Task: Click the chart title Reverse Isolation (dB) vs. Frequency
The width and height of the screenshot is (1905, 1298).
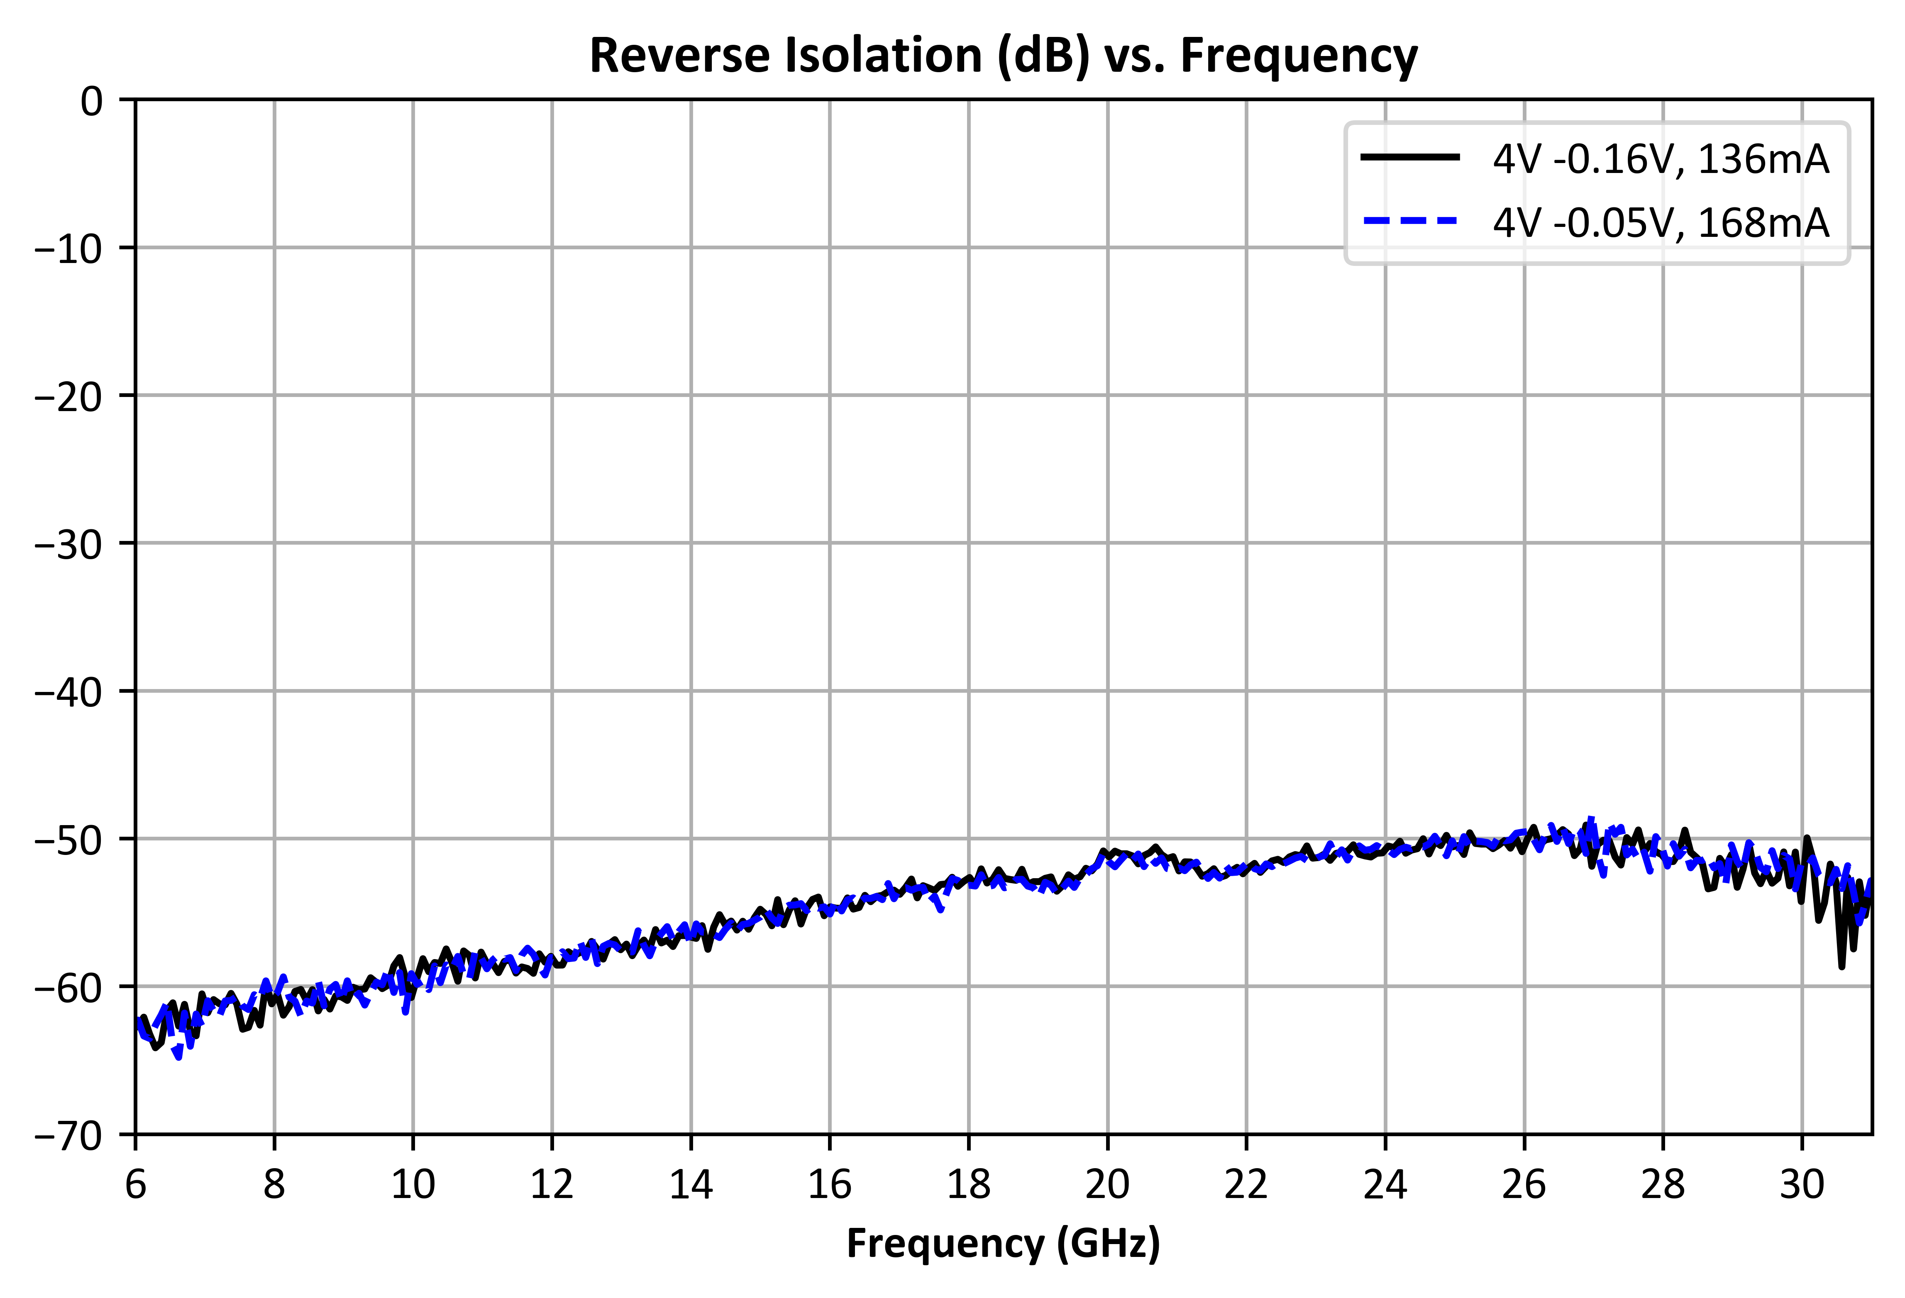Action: tap(1003, 56)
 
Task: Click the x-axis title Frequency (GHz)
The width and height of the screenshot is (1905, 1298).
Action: tap(1003, 1244)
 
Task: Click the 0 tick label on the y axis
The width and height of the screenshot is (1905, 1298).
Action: tap(92, 102)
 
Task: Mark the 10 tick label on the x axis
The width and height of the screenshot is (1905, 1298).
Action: tap(413, 1185)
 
